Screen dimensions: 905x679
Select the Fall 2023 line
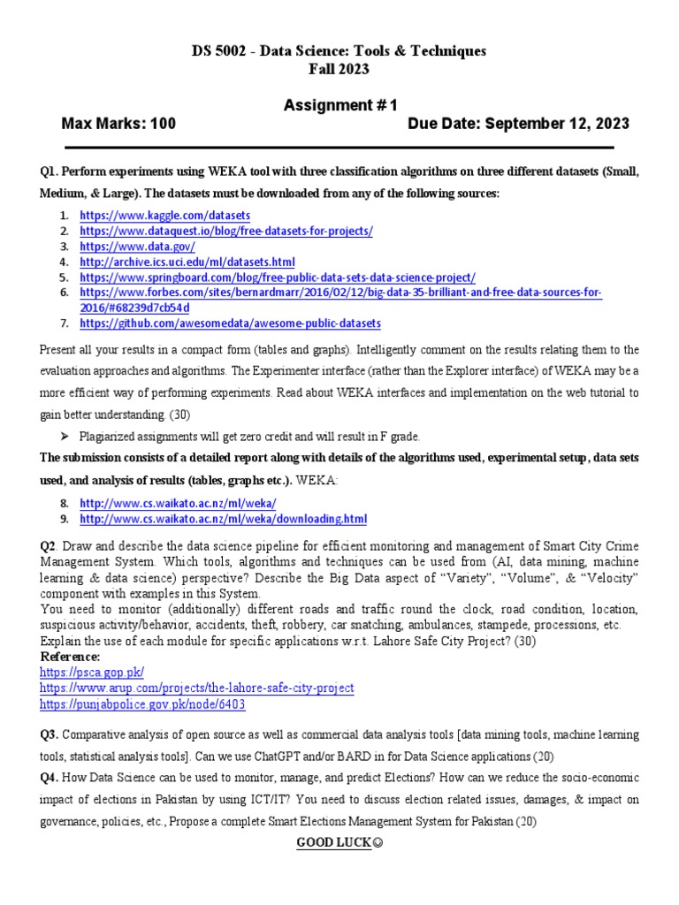(x=339, y=69)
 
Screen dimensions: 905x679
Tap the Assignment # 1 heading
(x=339, y=106)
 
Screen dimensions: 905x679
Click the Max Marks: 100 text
(x=118, y=124)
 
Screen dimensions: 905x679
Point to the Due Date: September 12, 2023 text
(x=518, y=124)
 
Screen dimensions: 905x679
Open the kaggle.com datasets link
(x=165, y=215)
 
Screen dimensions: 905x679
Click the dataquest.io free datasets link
(x=226, y=231)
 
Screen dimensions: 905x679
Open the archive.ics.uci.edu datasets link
(x=187, y=262)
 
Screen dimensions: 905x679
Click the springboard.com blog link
(x=278, y=278)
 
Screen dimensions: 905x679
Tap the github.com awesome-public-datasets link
(x=230, y=323)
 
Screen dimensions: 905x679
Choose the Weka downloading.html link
(x=223, y=519)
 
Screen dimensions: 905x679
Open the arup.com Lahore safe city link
(x=196, y=688)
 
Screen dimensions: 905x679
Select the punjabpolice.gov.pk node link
(x=142, y=704)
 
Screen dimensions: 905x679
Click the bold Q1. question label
(x=50, y=170)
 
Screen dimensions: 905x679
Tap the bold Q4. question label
(x=50, y=777)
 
